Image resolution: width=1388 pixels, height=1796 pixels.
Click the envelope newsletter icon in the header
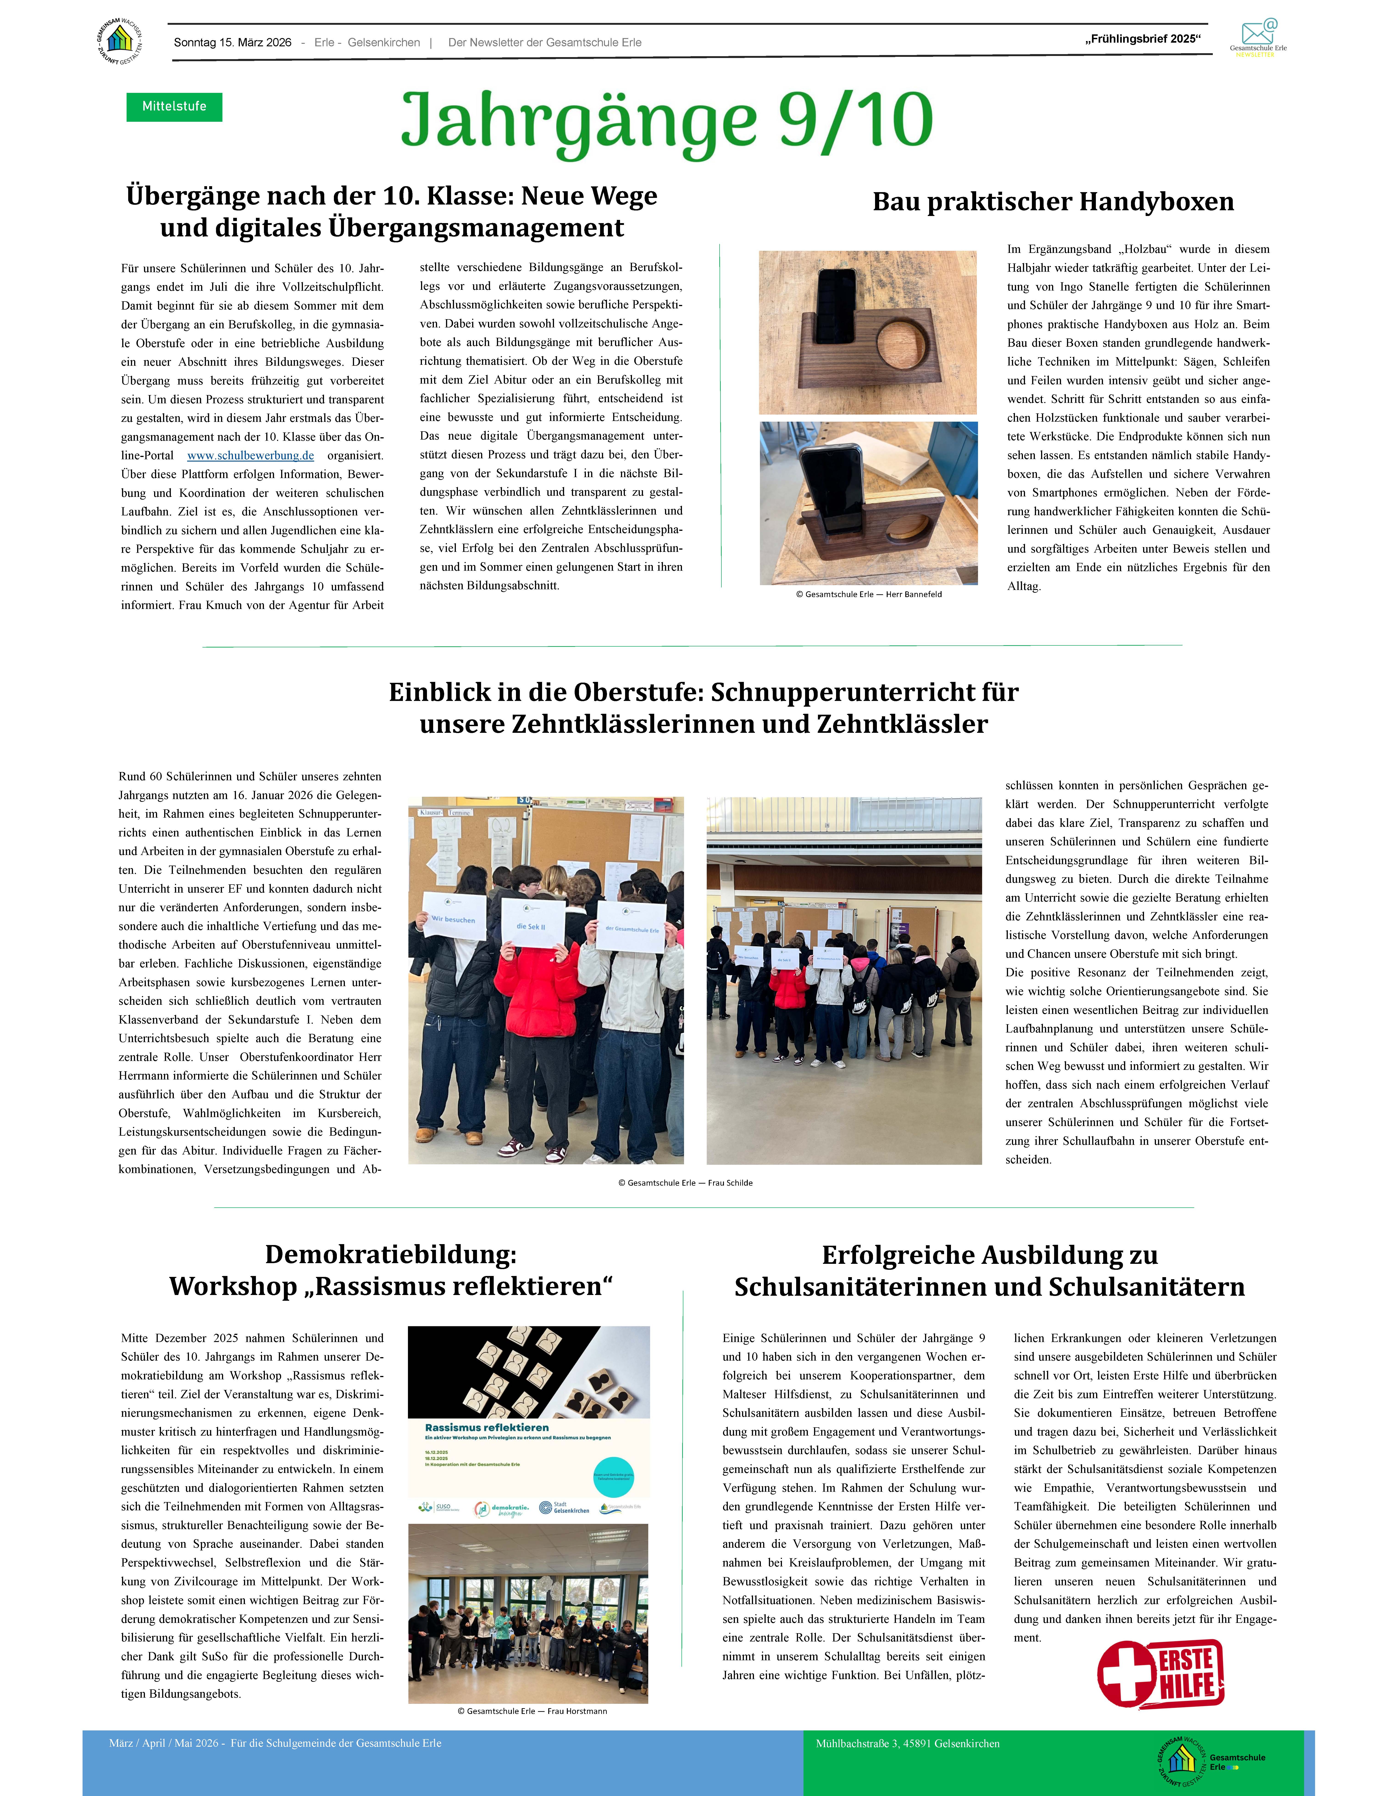click(1258, 33)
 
